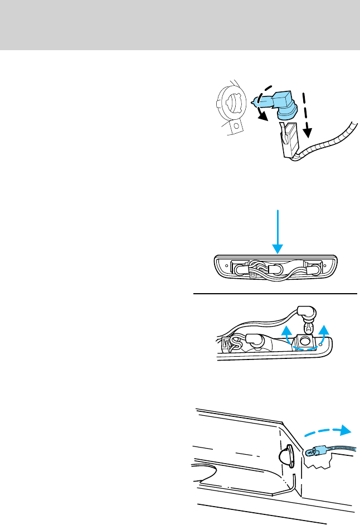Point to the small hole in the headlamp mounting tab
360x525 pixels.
click(x=236, y=126)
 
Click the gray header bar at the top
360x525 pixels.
click(x=180, y=25)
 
